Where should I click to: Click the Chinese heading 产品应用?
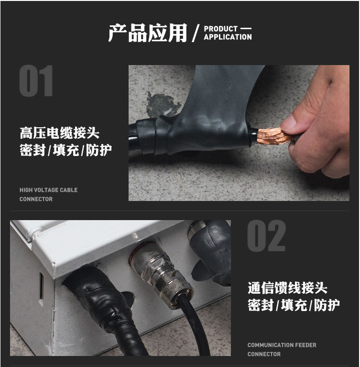[x=148, y=33]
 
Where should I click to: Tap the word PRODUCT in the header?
[x=220, y=29]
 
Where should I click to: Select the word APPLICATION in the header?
[x=228, y=37]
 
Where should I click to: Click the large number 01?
[x=36, y=81]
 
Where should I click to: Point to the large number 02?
[x=266, y=236]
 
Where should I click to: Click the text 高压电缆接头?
[x=60, y=133]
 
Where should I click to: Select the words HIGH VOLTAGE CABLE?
[x=48, y=190]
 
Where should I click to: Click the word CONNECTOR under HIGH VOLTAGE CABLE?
[x=36, y=199]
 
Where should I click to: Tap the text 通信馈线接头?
[x=287, y=288]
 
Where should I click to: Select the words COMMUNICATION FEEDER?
[x=282, y=345]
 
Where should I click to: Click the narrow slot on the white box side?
[x=41, y=286]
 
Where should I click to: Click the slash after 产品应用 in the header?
[x=196, y=33]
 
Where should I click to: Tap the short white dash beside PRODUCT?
[x=246, y=29]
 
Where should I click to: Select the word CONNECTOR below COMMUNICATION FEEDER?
[x=264, y=354]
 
